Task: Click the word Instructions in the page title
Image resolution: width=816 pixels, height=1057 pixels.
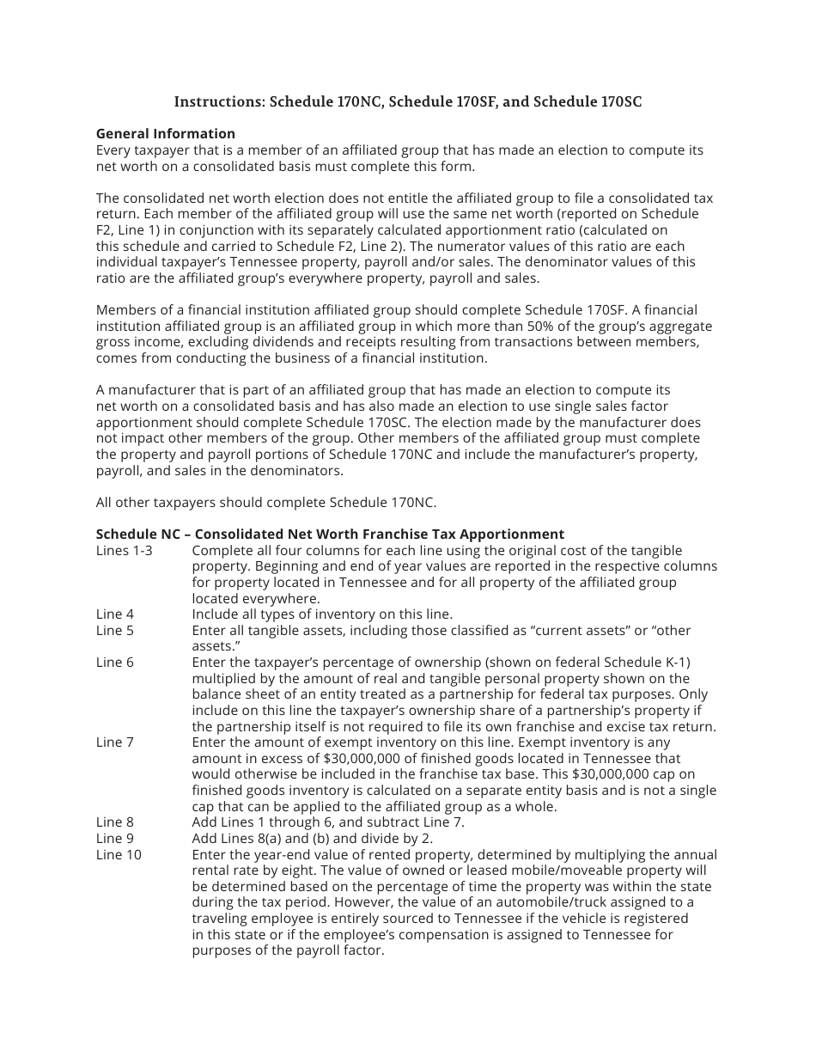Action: click(218, 101)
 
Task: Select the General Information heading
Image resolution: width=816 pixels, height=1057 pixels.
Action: click(165, 133)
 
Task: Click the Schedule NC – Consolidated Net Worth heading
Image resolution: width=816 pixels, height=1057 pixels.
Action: click(330, 534)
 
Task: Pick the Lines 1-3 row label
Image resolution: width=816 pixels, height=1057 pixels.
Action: click(124, 550)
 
